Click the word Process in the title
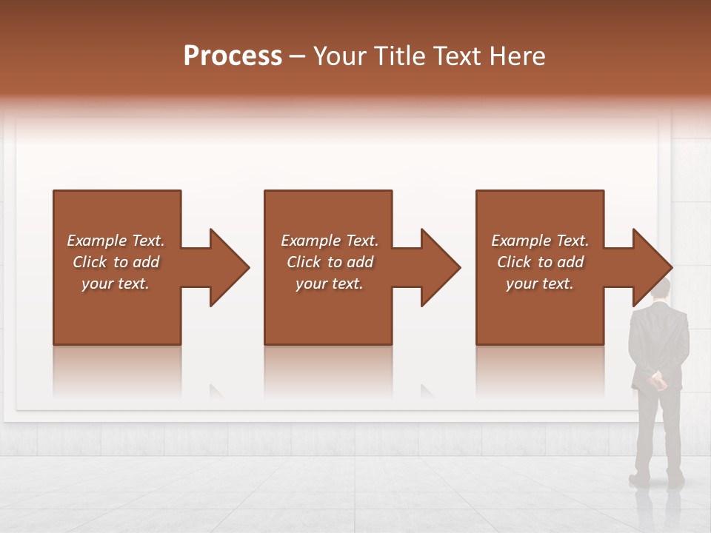[233, 56]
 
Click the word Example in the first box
[97, 241]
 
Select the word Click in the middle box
[302, 262]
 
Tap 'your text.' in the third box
[539, 284]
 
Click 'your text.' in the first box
[116, 284]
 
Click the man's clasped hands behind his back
[658, 381]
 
